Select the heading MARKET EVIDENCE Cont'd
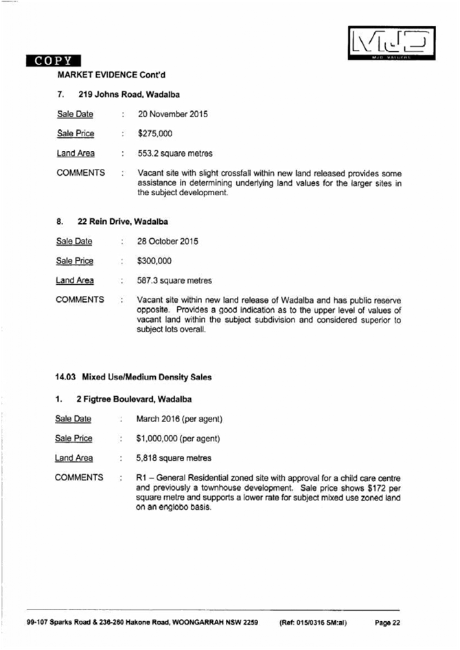111,74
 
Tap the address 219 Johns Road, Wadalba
129,94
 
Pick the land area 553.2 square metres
175,153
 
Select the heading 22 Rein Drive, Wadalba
123,222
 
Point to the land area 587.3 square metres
174,280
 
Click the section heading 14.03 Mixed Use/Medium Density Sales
133,377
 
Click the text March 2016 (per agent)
180,419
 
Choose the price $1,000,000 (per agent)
178,438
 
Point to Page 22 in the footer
387,623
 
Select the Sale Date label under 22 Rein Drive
73,242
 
